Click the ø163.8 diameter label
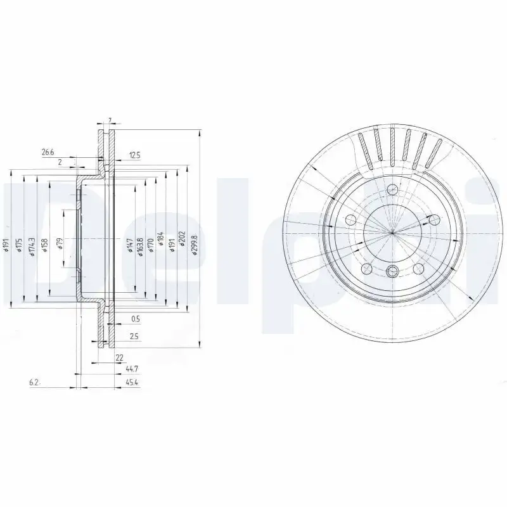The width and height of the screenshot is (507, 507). (140, 245)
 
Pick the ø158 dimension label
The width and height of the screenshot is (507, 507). (44, 245)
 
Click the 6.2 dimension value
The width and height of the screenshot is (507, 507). (34, 383)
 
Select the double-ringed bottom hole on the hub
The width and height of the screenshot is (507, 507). (392, 272)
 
